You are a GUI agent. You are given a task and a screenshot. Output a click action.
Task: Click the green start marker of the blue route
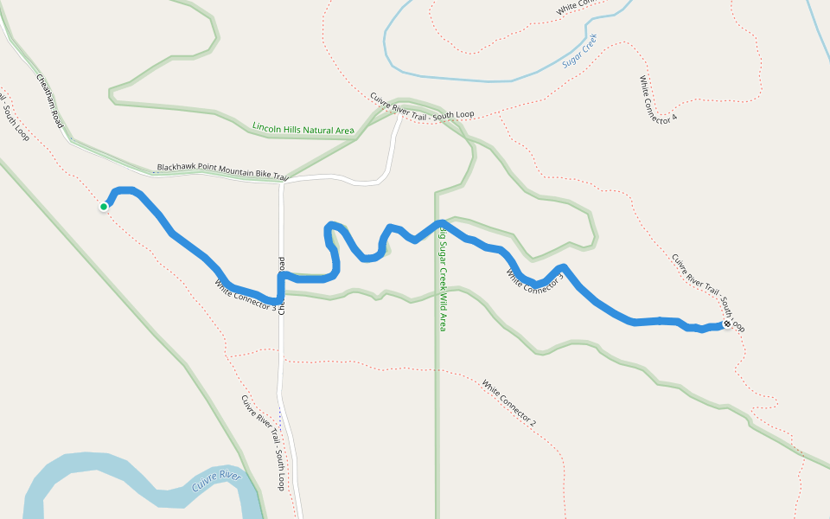104,207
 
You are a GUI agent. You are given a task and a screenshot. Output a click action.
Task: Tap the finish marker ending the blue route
727,324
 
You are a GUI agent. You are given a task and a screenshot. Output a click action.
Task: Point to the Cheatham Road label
50,101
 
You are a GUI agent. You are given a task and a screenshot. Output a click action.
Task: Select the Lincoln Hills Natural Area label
303,128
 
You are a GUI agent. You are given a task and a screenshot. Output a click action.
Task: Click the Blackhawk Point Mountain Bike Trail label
221,171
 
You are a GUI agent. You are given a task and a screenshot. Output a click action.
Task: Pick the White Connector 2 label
509,403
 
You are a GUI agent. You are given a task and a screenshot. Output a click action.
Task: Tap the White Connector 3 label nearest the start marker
246,295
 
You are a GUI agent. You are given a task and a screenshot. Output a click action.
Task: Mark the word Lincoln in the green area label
267,126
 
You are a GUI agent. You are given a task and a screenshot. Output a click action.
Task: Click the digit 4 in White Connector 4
673,118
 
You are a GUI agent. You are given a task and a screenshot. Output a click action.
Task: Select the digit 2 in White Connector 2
533,421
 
